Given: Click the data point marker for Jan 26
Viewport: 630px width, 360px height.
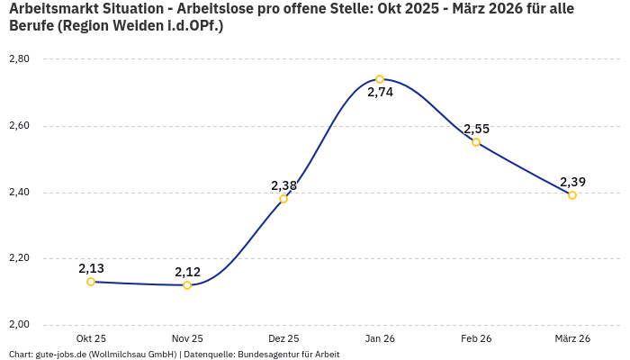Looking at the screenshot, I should pyautogui.click(x=380, y=79).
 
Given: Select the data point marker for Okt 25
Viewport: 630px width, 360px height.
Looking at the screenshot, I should pyautogui.click(x=91, y=282).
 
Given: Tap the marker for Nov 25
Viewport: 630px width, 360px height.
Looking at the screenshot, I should pyautogui.click(x=187, y=285).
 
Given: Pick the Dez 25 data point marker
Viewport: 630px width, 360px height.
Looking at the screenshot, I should pyautogui.click(x=283, y=199).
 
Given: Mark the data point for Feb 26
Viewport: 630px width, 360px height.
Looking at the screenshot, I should pyautogui.click(x=476, y=142).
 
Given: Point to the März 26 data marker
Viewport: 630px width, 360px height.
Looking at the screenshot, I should pyautogui.click(x=572, y=195).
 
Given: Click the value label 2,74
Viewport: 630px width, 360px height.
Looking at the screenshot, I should pyautogui.click(x=380, y=93).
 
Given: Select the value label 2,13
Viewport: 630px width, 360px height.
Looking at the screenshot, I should pyautogui.click(x=91, y=268).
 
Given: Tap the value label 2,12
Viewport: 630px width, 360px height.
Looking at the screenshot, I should pyautogui.click(x=187, y=272).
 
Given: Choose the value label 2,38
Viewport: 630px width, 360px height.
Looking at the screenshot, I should pyautogui.click(x=283, y=185).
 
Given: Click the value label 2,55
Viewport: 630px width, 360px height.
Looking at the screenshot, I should pyautogui.click(x=476, y=129).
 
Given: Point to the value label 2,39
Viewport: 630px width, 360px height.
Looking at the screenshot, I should pyautogui.click(x=572, y=182).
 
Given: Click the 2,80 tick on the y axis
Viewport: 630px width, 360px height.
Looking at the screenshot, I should pyautogui.click(x=19, y=59).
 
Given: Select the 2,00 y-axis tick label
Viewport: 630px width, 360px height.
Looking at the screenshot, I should pyautogui.click(x=19, y=325).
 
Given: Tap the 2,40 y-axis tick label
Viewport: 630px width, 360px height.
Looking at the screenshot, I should pyautogui.click(x=19, y=193).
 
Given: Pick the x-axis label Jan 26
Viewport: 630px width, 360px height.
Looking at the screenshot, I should pyautogui.click(x=380, y=338).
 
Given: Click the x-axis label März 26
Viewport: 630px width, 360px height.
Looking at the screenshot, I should pyautogui.click(x=572, y=338).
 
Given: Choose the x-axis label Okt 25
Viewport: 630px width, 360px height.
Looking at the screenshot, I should pyautogui.click(x=91, y=338).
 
